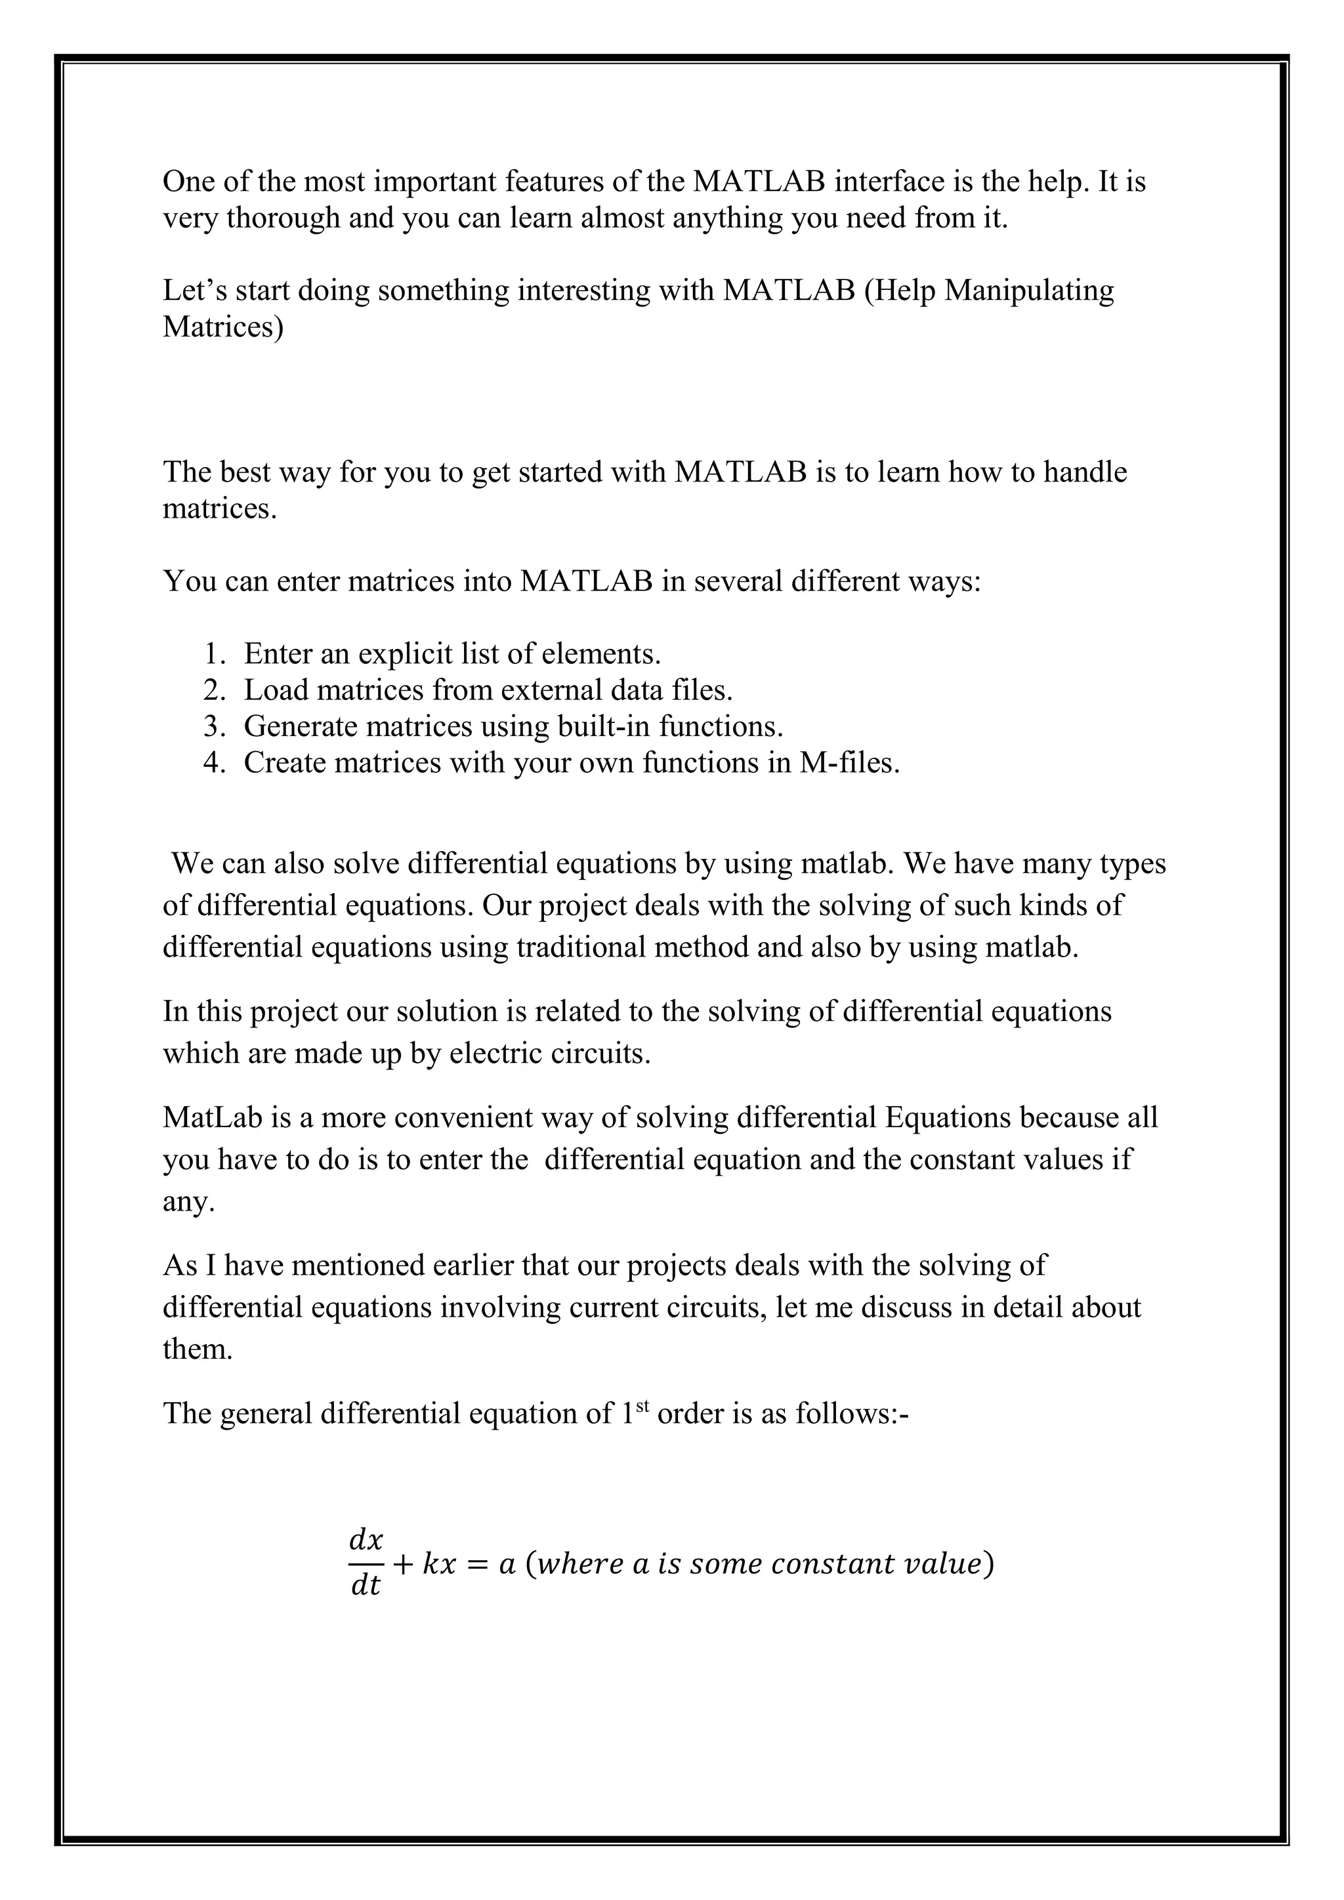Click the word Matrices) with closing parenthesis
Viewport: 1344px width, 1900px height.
[222, 327]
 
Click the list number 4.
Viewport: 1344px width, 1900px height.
[213, 763]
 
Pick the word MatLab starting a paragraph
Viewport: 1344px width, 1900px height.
[213, 1118]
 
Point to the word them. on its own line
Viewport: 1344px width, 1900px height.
[198, 1350]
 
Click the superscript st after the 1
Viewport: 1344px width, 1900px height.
[643, 1407]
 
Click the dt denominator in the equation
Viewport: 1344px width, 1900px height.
[365, 1586]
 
